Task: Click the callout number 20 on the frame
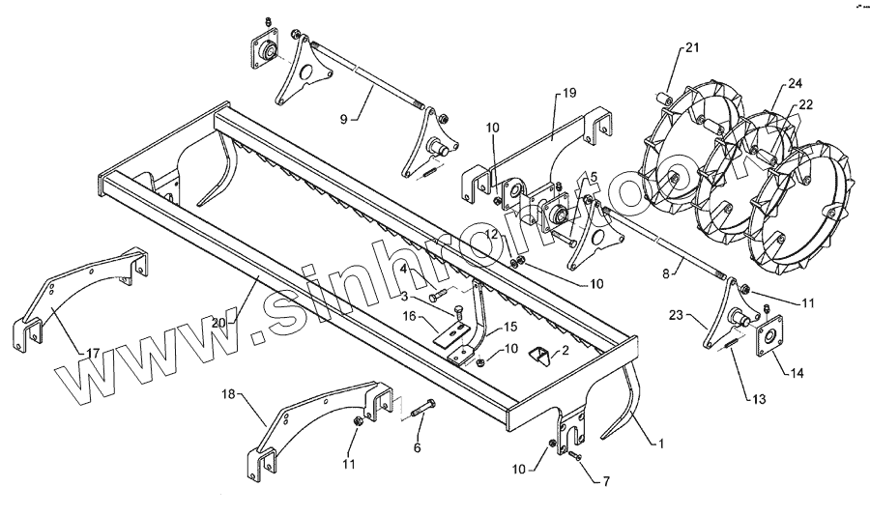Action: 219,323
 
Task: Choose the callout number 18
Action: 229,394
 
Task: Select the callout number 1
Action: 661,444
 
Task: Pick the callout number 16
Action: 410,315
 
